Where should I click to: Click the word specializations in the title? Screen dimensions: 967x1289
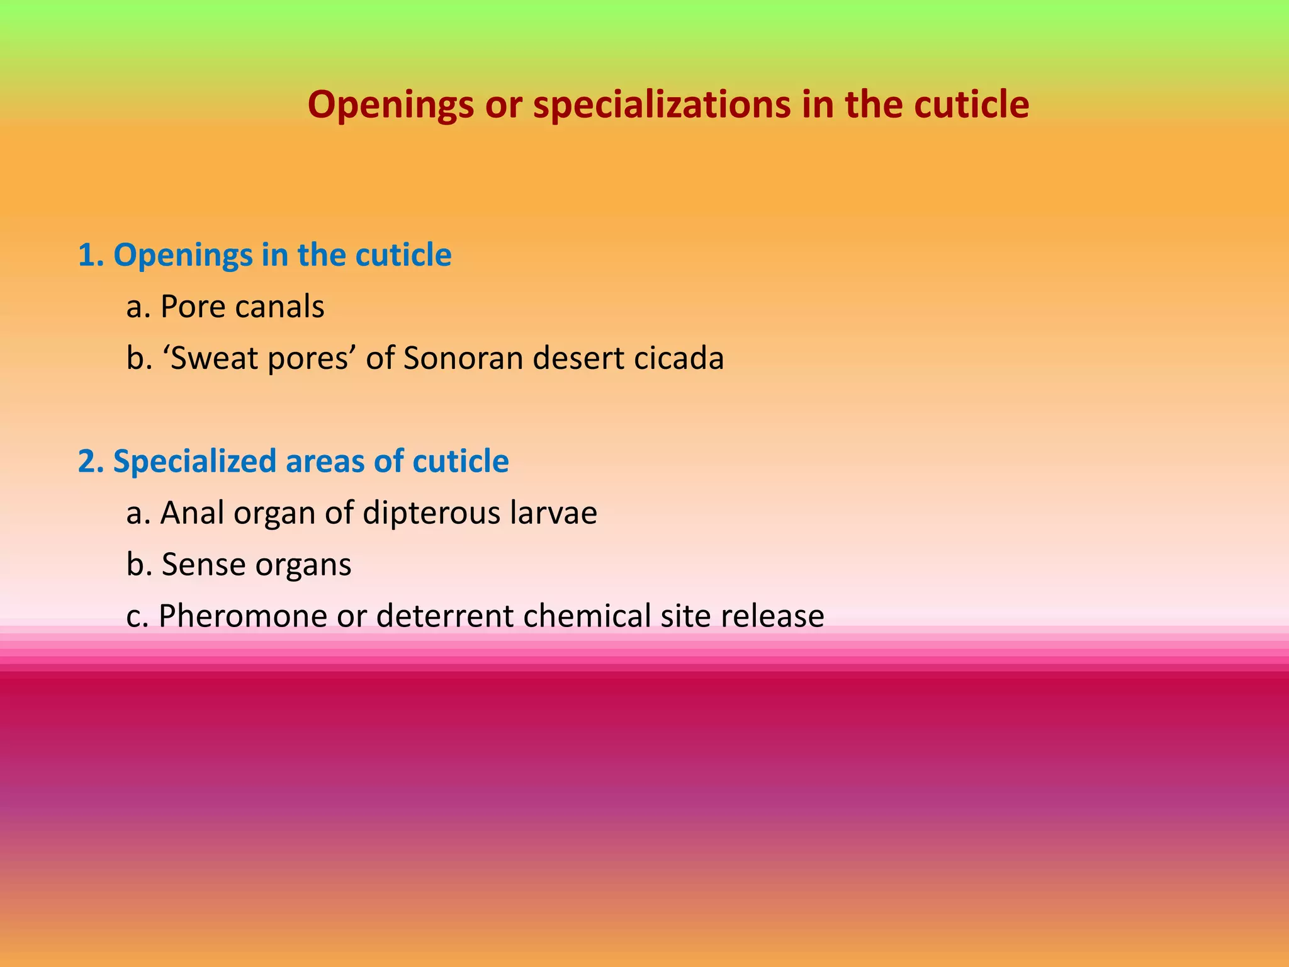(x=661, y=105)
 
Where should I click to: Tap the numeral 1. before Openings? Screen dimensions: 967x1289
(x=91, y=255)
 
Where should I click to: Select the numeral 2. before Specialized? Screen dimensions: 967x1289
(x=91, y=461)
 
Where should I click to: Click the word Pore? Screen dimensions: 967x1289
(x=193, y=307)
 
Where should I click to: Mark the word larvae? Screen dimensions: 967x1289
(x=553, y=512)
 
